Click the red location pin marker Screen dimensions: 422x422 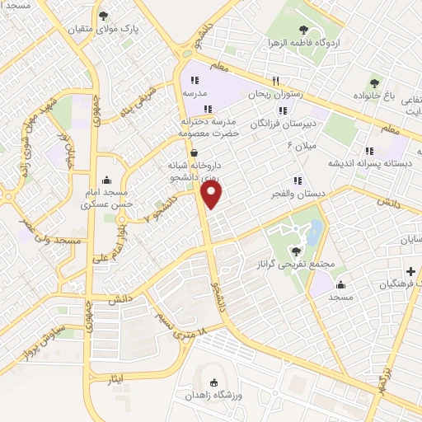click(212, 195)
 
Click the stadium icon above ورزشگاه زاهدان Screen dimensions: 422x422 click(216, 382)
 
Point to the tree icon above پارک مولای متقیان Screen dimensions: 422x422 click(103, 15)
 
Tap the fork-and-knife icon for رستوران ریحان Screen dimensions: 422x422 click(277, 81)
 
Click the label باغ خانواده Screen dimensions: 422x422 click(396, 96)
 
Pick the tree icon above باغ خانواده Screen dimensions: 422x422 click(375, 82)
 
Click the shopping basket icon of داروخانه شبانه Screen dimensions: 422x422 click(193, 152)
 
